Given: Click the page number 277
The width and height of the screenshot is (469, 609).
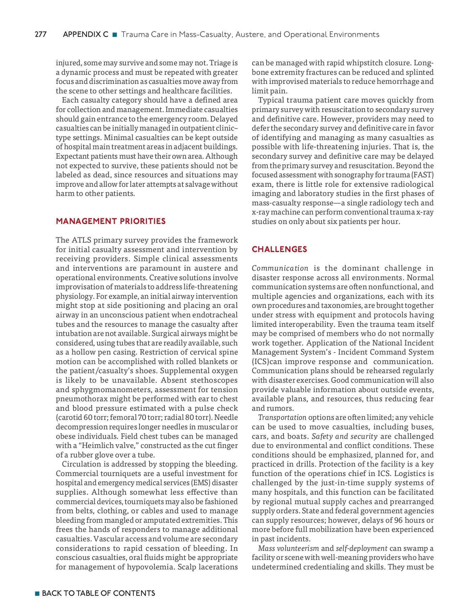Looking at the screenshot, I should [x=41, y=35].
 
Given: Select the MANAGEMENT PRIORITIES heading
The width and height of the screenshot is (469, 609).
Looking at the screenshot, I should [x=111, y=221].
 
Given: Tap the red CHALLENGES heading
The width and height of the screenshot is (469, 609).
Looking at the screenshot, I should [x=279, y=249].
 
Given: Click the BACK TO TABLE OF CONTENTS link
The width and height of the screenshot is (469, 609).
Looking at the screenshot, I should [x=98, y=593].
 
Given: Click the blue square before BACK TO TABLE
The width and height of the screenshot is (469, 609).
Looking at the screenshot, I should [x=37, y=593].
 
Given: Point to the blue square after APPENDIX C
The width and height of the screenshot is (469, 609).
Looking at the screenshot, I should [x=114, y=35].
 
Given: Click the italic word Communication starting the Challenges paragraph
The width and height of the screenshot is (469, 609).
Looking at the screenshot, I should [x=280, y=268].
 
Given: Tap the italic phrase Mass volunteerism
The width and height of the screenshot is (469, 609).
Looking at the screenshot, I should [x=288, y=548].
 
